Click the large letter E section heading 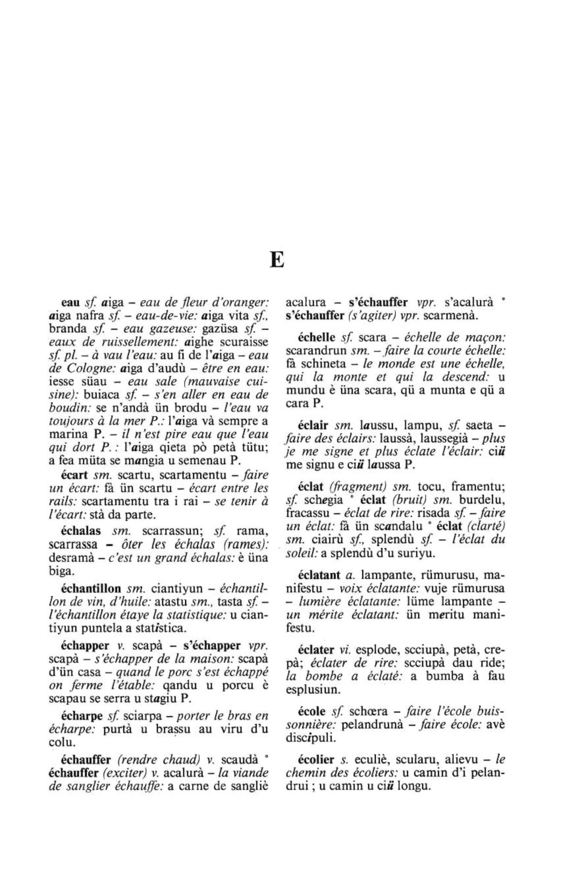(277, 260)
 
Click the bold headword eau (71, 302)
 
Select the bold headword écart (74, 474)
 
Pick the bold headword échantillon (91, 587)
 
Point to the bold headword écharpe (81, 715)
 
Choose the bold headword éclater (316, 650)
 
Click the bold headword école (311, 711)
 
